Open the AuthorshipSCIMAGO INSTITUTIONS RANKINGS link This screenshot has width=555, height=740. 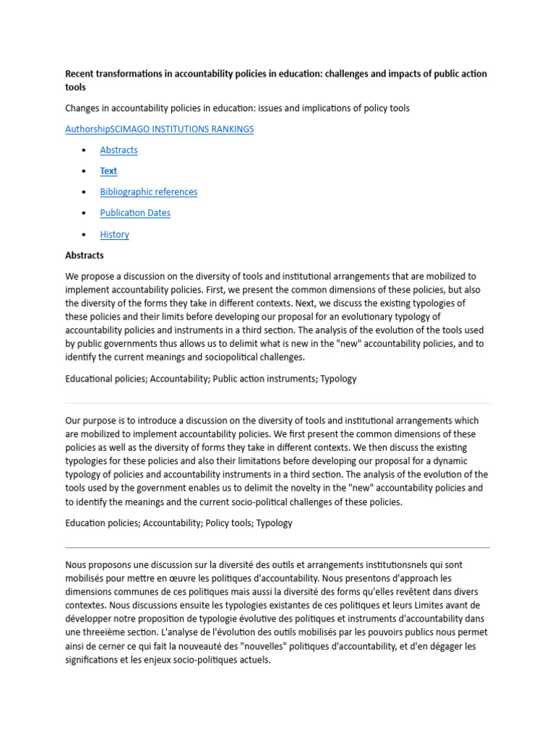(x=159, y=129)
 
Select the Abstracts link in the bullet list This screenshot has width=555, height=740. (x=119, y=150)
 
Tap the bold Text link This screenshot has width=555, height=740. (x=108, y=171)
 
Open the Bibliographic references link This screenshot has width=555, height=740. (x=148, y=192)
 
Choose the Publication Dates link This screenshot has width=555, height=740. (x=135, y=212)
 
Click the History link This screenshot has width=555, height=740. (x=114, y=234)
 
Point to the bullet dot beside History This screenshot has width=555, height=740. (x=84, y=234)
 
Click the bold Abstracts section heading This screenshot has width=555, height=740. (x=85, y=255)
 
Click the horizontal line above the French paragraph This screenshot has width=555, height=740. (x=277, y=547)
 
